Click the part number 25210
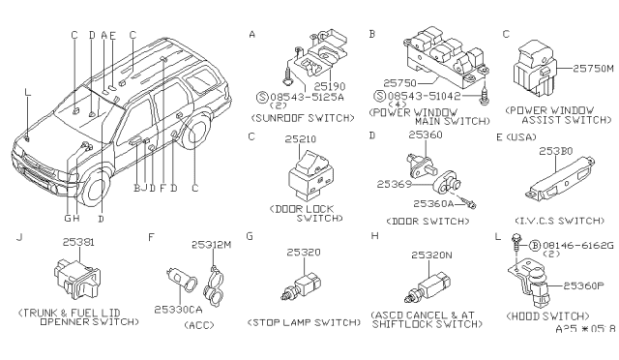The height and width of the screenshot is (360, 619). tap(299, 140)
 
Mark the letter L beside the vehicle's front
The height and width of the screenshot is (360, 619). tap(27, 92)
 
